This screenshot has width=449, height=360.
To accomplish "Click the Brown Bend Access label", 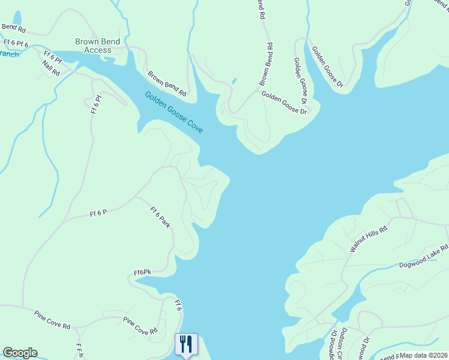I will [x=97, y=46].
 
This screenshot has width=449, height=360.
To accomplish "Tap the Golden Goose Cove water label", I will [x=173, y=112].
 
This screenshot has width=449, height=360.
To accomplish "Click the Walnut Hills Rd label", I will [x=369, y=239].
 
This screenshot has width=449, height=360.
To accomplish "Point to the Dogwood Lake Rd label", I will [x=424, y=257].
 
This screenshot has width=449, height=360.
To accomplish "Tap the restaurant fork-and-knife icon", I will [x=186, y=344].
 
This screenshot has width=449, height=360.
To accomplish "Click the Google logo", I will [x=20, y=353].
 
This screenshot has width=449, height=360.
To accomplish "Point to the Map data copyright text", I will [x=423, y=355].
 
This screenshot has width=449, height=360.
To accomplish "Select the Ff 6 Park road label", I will [x=160, y=217].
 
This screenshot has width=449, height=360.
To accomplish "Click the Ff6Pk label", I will [x=142, y=272].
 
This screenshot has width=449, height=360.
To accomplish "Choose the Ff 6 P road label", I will [x=98, y=213].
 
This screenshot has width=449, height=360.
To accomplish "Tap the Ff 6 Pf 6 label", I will [x=16, y=43].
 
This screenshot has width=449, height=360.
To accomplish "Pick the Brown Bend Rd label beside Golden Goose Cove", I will [x=167, y=85].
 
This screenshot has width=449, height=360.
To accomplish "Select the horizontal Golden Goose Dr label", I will [x=284, y=102].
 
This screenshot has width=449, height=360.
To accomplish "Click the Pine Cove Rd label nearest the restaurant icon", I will [x=140, y=326].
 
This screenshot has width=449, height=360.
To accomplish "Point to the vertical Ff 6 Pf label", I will [x=95, y=104].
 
